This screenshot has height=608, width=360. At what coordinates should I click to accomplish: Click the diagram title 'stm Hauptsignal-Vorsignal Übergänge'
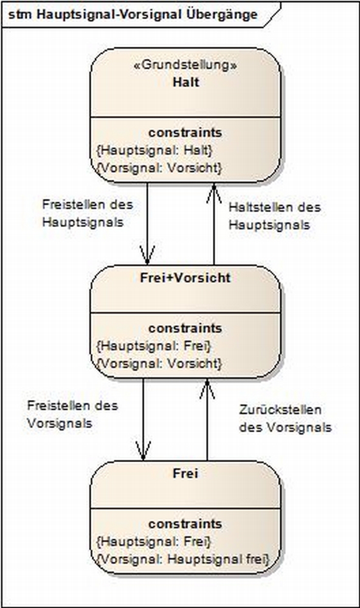tap(133, 15)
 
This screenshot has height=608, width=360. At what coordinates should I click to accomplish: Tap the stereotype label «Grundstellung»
tap(185, 65)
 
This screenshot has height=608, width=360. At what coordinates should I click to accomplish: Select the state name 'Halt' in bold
tap(186, 82)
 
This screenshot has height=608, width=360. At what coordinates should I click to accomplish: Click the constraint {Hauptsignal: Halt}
tap(154, 150)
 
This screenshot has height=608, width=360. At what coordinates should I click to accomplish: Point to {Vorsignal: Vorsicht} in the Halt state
tap(159, 168)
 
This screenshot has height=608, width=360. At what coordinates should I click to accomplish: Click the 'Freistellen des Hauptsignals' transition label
tap(88, 213)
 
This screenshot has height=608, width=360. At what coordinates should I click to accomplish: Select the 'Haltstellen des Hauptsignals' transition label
tap(275, 216)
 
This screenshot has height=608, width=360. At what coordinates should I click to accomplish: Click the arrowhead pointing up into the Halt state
tap(214, 193)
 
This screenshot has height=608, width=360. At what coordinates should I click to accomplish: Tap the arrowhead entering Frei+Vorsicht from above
tap(147, 255)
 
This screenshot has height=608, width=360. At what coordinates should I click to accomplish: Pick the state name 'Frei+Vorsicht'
tap(185, 278)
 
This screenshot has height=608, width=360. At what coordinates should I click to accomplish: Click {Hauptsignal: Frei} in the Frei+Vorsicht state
tap(154, 345)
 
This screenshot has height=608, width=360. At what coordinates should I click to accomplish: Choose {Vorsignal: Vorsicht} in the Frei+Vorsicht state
tap(159, 364)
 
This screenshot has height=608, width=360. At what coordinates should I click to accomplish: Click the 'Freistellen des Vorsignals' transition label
tap(72, 414)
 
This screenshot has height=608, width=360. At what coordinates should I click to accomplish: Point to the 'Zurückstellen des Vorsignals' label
tap(285, 419)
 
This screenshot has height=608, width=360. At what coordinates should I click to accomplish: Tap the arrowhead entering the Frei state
tap(143, 451)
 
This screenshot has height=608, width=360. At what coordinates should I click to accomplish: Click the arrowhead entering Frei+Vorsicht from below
tap(207, 389)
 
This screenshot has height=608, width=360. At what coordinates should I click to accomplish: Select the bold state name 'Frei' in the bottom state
tap(185, 474)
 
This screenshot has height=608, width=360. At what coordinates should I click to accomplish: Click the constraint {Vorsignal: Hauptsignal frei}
tap(182, 559)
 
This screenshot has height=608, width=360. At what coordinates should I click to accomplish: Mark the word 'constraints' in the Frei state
tap(185, 524)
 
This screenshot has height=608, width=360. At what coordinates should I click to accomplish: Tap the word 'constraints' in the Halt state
tap(185, 133)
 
